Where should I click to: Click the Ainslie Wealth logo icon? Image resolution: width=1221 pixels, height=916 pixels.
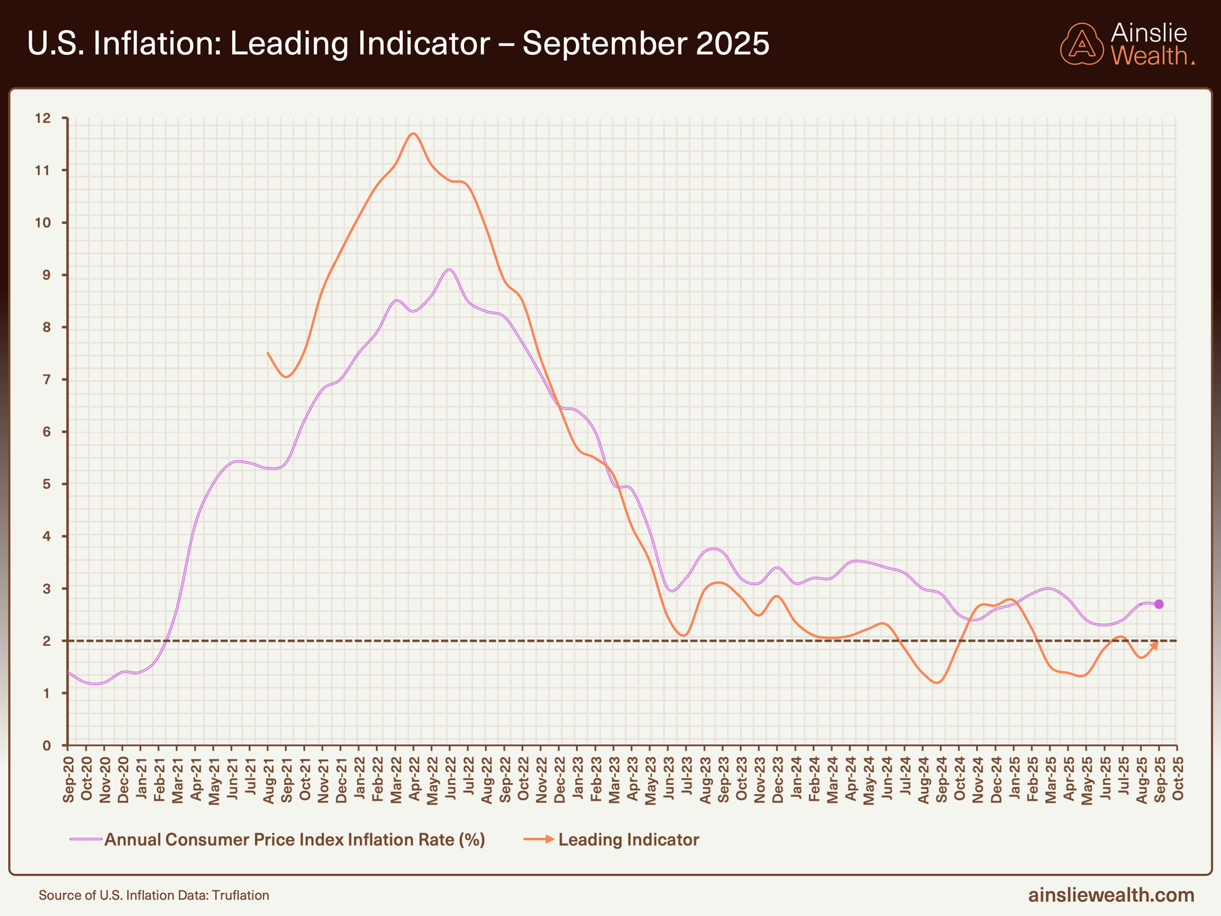[1082, 44]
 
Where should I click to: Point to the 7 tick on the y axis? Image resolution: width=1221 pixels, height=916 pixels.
[46, 379]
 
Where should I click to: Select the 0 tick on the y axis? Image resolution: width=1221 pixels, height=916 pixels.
[46, 745]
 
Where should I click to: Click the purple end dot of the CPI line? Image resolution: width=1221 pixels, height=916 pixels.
[1159, 604]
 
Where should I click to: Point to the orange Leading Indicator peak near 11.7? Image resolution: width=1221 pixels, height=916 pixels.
[413, 133]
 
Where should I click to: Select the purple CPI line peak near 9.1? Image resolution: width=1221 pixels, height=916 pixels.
[449, 269]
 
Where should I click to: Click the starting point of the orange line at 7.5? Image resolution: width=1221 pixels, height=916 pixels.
[268, 353]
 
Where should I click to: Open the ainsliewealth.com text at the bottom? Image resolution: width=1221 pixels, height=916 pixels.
[1110, 895]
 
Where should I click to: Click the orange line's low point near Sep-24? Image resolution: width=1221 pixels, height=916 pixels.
[937, 683]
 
